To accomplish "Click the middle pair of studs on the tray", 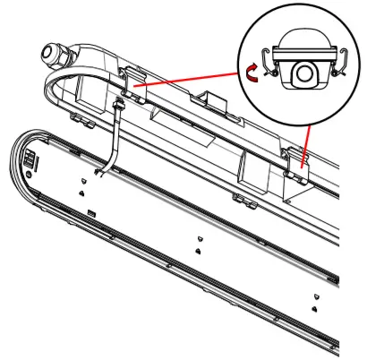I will pos(196,245).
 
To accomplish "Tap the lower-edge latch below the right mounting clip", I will pos(240,195).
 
